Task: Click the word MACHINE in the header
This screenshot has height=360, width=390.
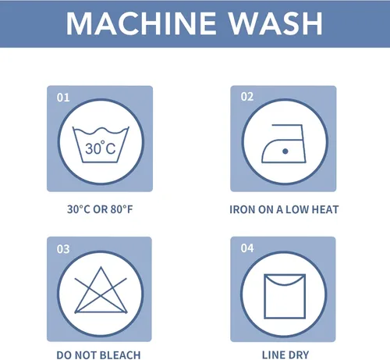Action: (141, 23)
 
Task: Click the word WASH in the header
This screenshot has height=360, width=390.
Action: (275, 23)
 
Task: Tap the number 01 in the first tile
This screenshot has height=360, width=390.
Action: (63, 98)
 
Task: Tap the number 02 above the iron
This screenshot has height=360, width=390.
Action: (247, 97)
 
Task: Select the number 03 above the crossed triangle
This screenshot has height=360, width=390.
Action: (63, 249)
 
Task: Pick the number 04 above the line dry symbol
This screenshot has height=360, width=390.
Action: (247, 248)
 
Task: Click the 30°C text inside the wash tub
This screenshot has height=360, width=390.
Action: (101, 148)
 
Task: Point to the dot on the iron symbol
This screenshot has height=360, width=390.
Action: (285, 151)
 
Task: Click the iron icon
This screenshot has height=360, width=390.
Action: (284, 144)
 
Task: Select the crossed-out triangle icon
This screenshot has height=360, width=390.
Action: (101, 290)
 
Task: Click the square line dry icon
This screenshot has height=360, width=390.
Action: (285, 296)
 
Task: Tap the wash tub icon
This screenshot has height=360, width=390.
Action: (101, 144)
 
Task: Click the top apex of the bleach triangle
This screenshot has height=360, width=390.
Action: (101, 267)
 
